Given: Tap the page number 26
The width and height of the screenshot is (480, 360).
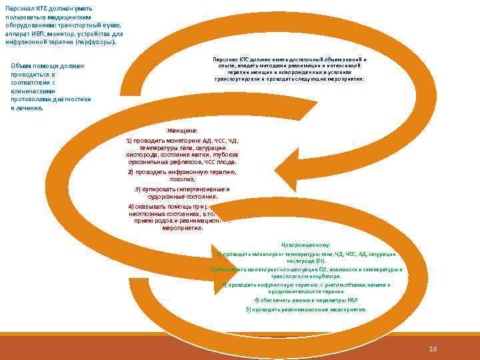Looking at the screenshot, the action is click(433, 349).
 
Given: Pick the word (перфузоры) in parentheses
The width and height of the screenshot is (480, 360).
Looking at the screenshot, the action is click(97, 41).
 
